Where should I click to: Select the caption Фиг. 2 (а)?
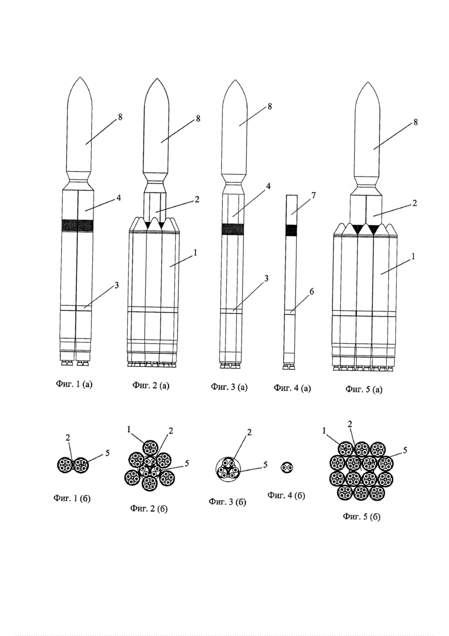point(150,386)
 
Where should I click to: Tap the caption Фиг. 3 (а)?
point(229,387)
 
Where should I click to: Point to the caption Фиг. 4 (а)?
point(292,388)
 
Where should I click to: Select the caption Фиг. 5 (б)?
point(362,517)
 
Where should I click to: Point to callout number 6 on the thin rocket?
point(312,291)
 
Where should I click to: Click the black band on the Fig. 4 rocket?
point(291,230)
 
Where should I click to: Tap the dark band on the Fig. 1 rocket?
point(77,225)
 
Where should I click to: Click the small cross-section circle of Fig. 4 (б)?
point(287,468)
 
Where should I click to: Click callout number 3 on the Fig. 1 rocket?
point(116,285)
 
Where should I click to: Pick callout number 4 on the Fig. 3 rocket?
point(269,186)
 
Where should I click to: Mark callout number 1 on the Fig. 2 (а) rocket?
point(195,254)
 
